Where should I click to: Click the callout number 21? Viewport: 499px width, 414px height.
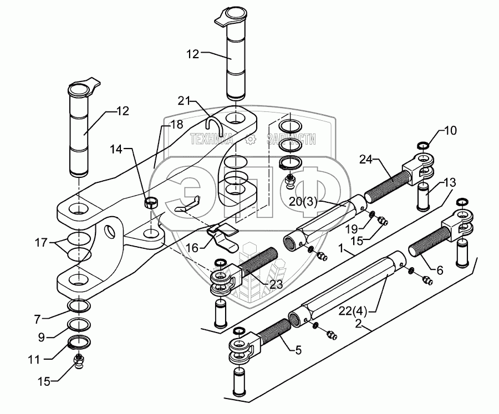tap(184, 101)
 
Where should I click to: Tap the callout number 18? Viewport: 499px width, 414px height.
tap(177, 125)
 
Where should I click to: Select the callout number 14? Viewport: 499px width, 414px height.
tap(116, 149)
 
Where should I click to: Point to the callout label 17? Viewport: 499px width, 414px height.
tap(40, 243)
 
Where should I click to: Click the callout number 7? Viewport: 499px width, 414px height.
tap(37, 319)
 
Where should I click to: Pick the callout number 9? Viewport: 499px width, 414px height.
tap(42, 338)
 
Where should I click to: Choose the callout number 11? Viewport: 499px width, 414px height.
tap(34, 360)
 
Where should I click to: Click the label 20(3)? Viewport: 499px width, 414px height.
tap(303, 202)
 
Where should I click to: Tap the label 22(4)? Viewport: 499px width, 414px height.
tap(353, 310)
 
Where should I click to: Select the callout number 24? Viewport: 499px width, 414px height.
tap(366, 159)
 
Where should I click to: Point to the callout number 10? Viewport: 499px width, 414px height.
tap(450, 130)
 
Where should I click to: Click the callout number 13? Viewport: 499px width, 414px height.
tap(450, 182)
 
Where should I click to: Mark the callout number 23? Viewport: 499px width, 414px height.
tap(276, 284)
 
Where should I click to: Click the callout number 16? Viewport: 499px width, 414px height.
tap(192, 248)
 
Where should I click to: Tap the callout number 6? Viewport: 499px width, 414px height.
tap(440, 270)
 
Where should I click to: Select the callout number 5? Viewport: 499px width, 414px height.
tap(298, 350)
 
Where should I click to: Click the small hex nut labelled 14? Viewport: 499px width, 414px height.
tap(150, 203)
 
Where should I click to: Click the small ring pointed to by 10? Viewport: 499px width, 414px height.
tap(423, 146)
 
